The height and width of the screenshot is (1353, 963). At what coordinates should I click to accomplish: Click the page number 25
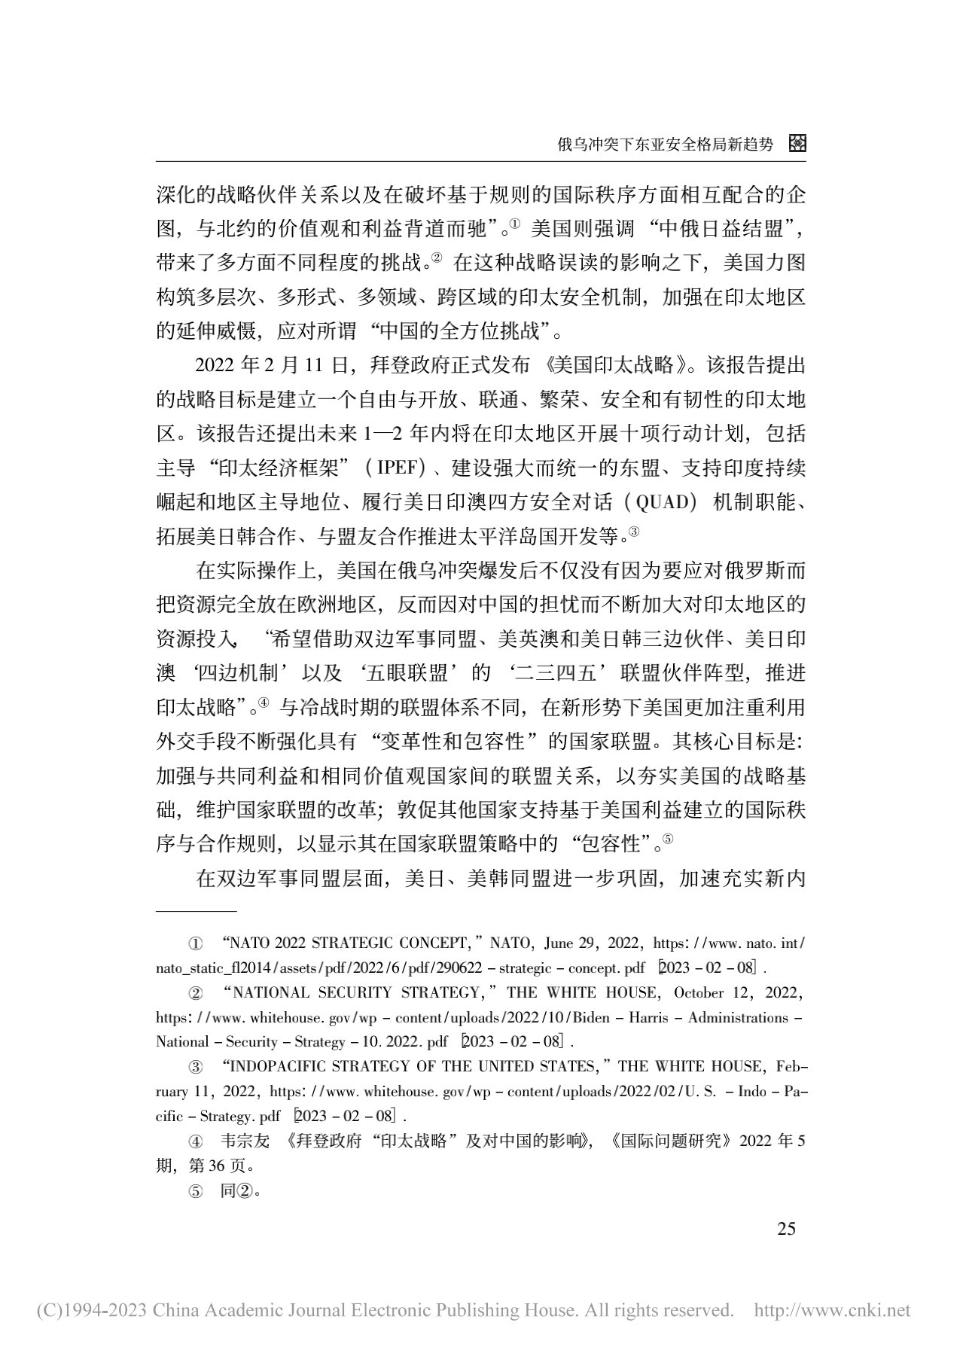pos(785,1229)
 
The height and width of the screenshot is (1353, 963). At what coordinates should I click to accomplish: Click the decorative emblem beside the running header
pos(797,144)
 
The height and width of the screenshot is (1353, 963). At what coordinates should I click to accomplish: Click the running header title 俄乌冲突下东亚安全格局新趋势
pos(665,145)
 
